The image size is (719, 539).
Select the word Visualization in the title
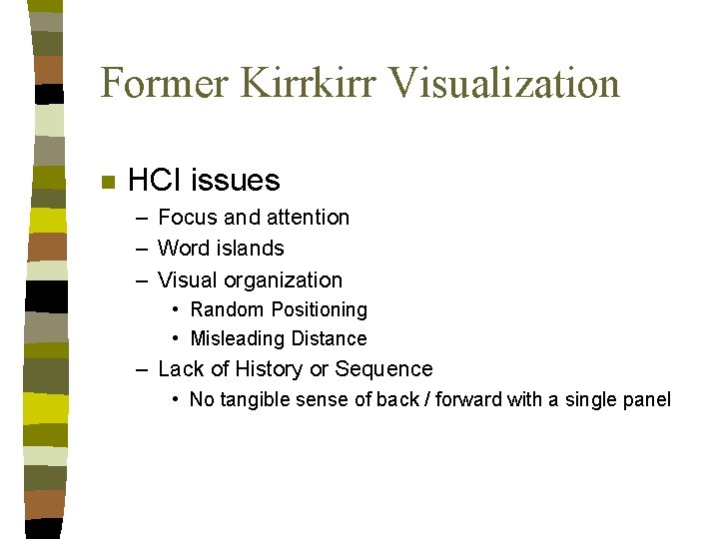[x=504, y=82]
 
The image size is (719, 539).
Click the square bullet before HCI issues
[x=108, y=182]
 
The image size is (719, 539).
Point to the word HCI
[x=155, y=181]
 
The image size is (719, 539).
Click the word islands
[x=252, y=249]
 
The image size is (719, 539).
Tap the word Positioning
[x=317, y=310]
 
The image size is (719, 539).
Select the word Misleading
[x=232, y=339]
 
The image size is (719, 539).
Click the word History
[x=269, y=369]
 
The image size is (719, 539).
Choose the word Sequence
[x=384, y=369]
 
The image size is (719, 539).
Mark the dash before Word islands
[x=143, y=249]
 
